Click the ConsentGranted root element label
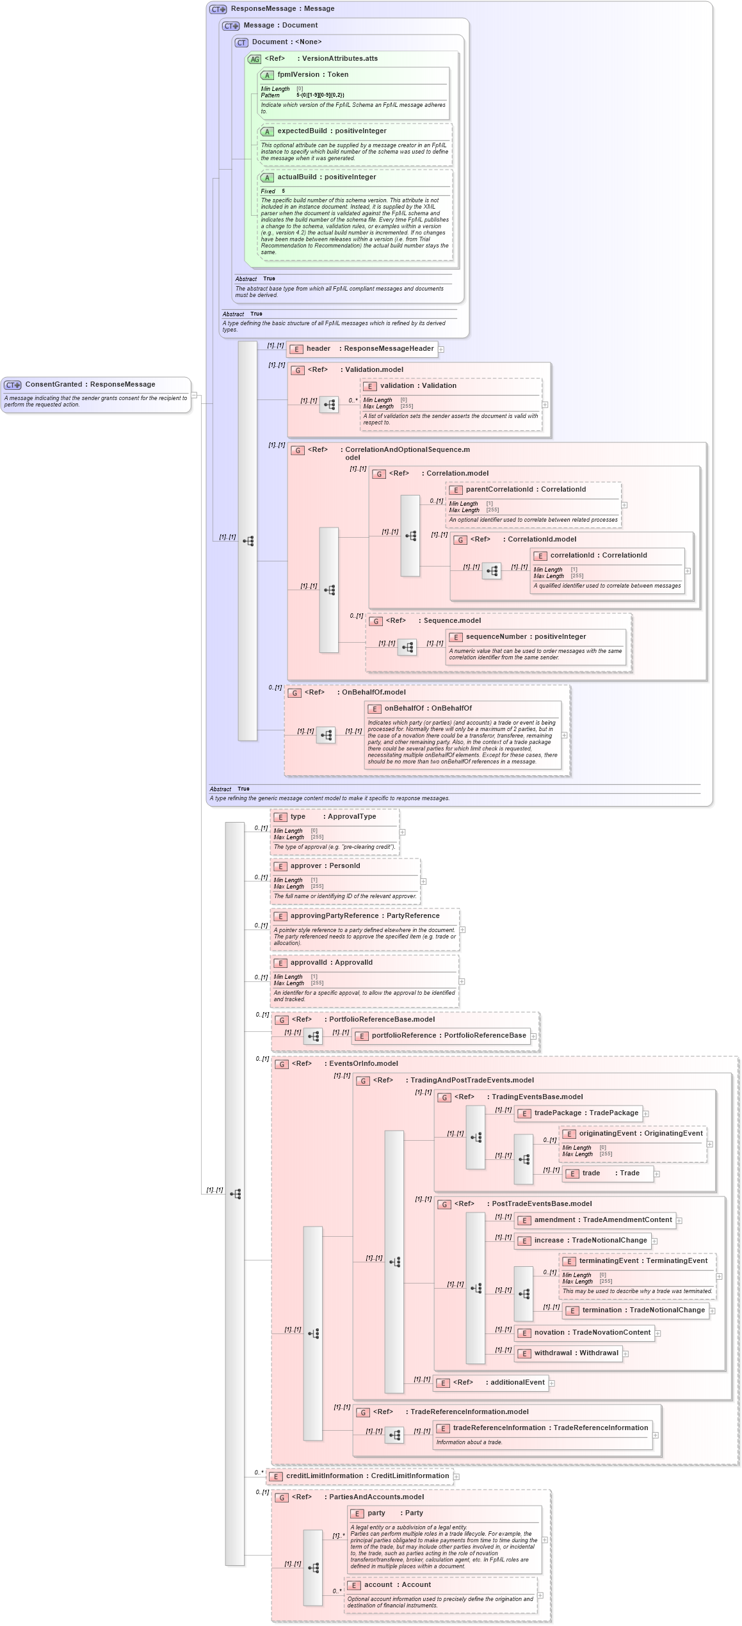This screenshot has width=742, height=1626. (x=90, y=385)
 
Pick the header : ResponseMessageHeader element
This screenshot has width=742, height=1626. (x=369, y=349)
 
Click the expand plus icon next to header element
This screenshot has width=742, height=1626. (x=441, y=350)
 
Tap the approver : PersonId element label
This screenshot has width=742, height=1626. (x=325, y=866)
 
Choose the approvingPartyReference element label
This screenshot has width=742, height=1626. (x=364, y=916)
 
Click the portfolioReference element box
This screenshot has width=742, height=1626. (x=448, y=1036)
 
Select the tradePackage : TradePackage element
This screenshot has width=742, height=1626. (x=586, y=1113)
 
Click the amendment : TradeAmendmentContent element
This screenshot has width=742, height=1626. (x=602, y=1220)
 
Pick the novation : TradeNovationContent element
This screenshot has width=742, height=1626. (x=592, y=1333)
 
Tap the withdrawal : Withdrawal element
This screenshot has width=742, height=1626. (x=576, y=1353)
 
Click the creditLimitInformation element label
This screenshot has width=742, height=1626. (x=367, y=1476)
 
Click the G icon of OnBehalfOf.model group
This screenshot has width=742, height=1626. (x=294, y=693)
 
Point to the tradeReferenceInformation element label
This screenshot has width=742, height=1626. (x=550, y=1428)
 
